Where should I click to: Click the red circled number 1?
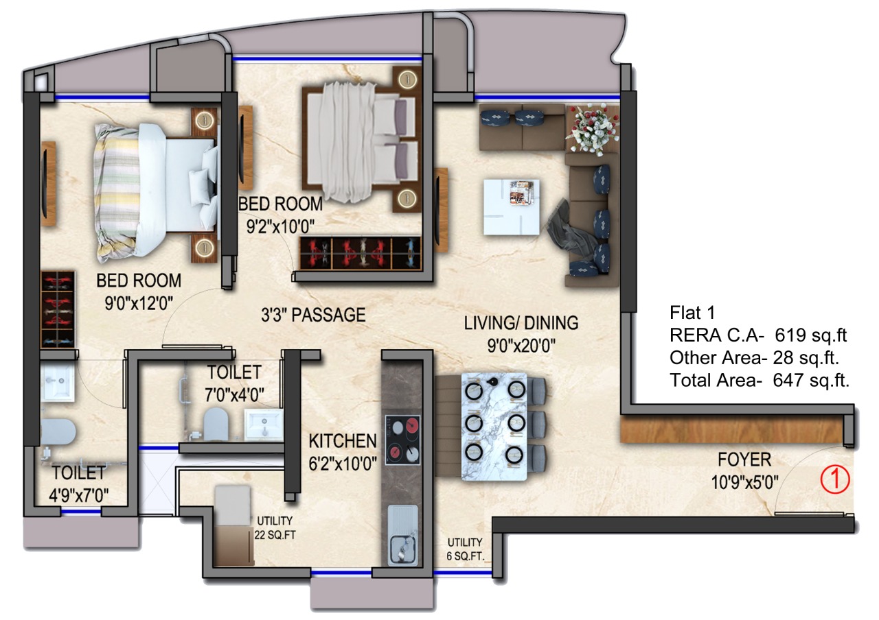(x=835, y=479)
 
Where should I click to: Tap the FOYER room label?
(x=744, y=460)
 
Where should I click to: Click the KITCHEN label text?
(x=343, y=441)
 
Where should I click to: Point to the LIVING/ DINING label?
(x=521, y=323)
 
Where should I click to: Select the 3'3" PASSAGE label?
(x=313, y=315)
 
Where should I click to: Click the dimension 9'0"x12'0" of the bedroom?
(x=139, y=303)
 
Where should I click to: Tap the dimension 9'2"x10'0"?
(x=281, y=226)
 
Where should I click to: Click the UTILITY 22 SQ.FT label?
(x=275, y=528)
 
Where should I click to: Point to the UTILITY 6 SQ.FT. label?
(x=466, y=549)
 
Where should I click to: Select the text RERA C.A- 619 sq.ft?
(x=758, y=335)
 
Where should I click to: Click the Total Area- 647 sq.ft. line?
(x=760, y=381)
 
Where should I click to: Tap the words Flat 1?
(x=692, y=313)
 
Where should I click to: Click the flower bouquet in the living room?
(x=593, y=128)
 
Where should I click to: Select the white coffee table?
(x=512, y=207)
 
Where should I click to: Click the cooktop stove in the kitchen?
(x=402, y=440)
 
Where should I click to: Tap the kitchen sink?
(x=403, y=536)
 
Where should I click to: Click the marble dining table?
(x=494, y=427)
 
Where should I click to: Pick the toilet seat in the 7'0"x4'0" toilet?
(x=216, y=424)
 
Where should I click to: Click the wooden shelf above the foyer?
(x=732, y=430)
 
